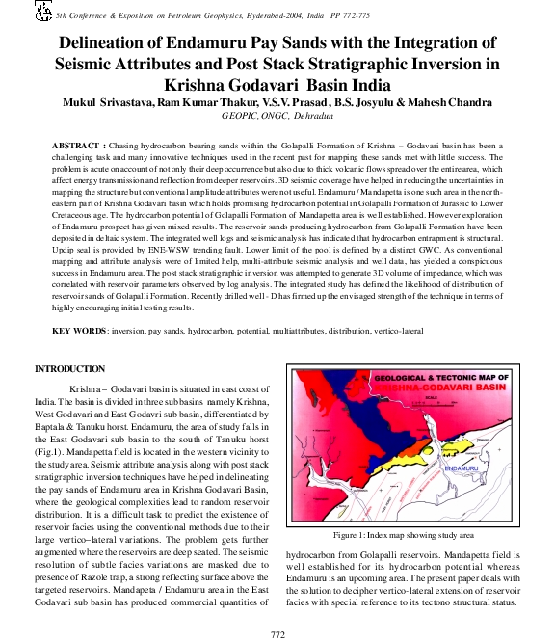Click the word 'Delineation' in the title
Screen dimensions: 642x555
point(108,43)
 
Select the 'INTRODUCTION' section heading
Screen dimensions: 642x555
point(70,369)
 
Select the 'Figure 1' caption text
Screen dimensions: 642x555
point(405,534)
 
